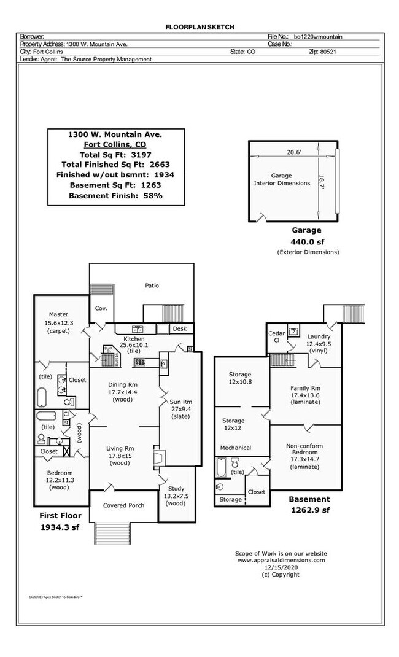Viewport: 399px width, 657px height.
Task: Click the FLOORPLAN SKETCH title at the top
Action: click(199, 27)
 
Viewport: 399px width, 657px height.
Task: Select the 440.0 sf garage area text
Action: click(306, 241)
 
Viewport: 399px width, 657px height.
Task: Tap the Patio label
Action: click(152, 286)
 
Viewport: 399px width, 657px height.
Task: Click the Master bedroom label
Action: click(58, 314)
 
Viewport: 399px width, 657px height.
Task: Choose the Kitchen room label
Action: click(134, 339)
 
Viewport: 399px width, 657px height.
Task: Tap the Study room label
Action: click(175, 488)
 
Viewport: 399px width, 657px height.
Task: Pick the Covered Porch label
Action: click(123, 505)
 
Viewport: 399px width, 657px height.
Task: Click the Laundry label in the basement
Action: click(319, 336)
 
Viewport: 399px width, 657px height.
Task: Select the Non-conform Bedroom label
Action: click(304, 446)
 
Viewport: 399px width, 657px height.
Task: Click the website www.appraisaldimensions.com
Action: click(281, 560)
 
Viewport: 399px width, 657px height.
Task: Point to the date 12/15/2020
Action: click(281, 567)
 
